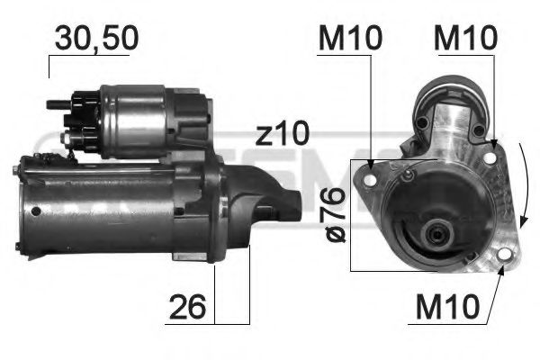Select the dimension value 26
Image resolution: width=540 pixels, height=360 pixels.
click(x=188, y=308)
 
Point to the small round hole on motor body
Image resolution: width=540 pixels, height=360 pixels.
click(x=34, y=212)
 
